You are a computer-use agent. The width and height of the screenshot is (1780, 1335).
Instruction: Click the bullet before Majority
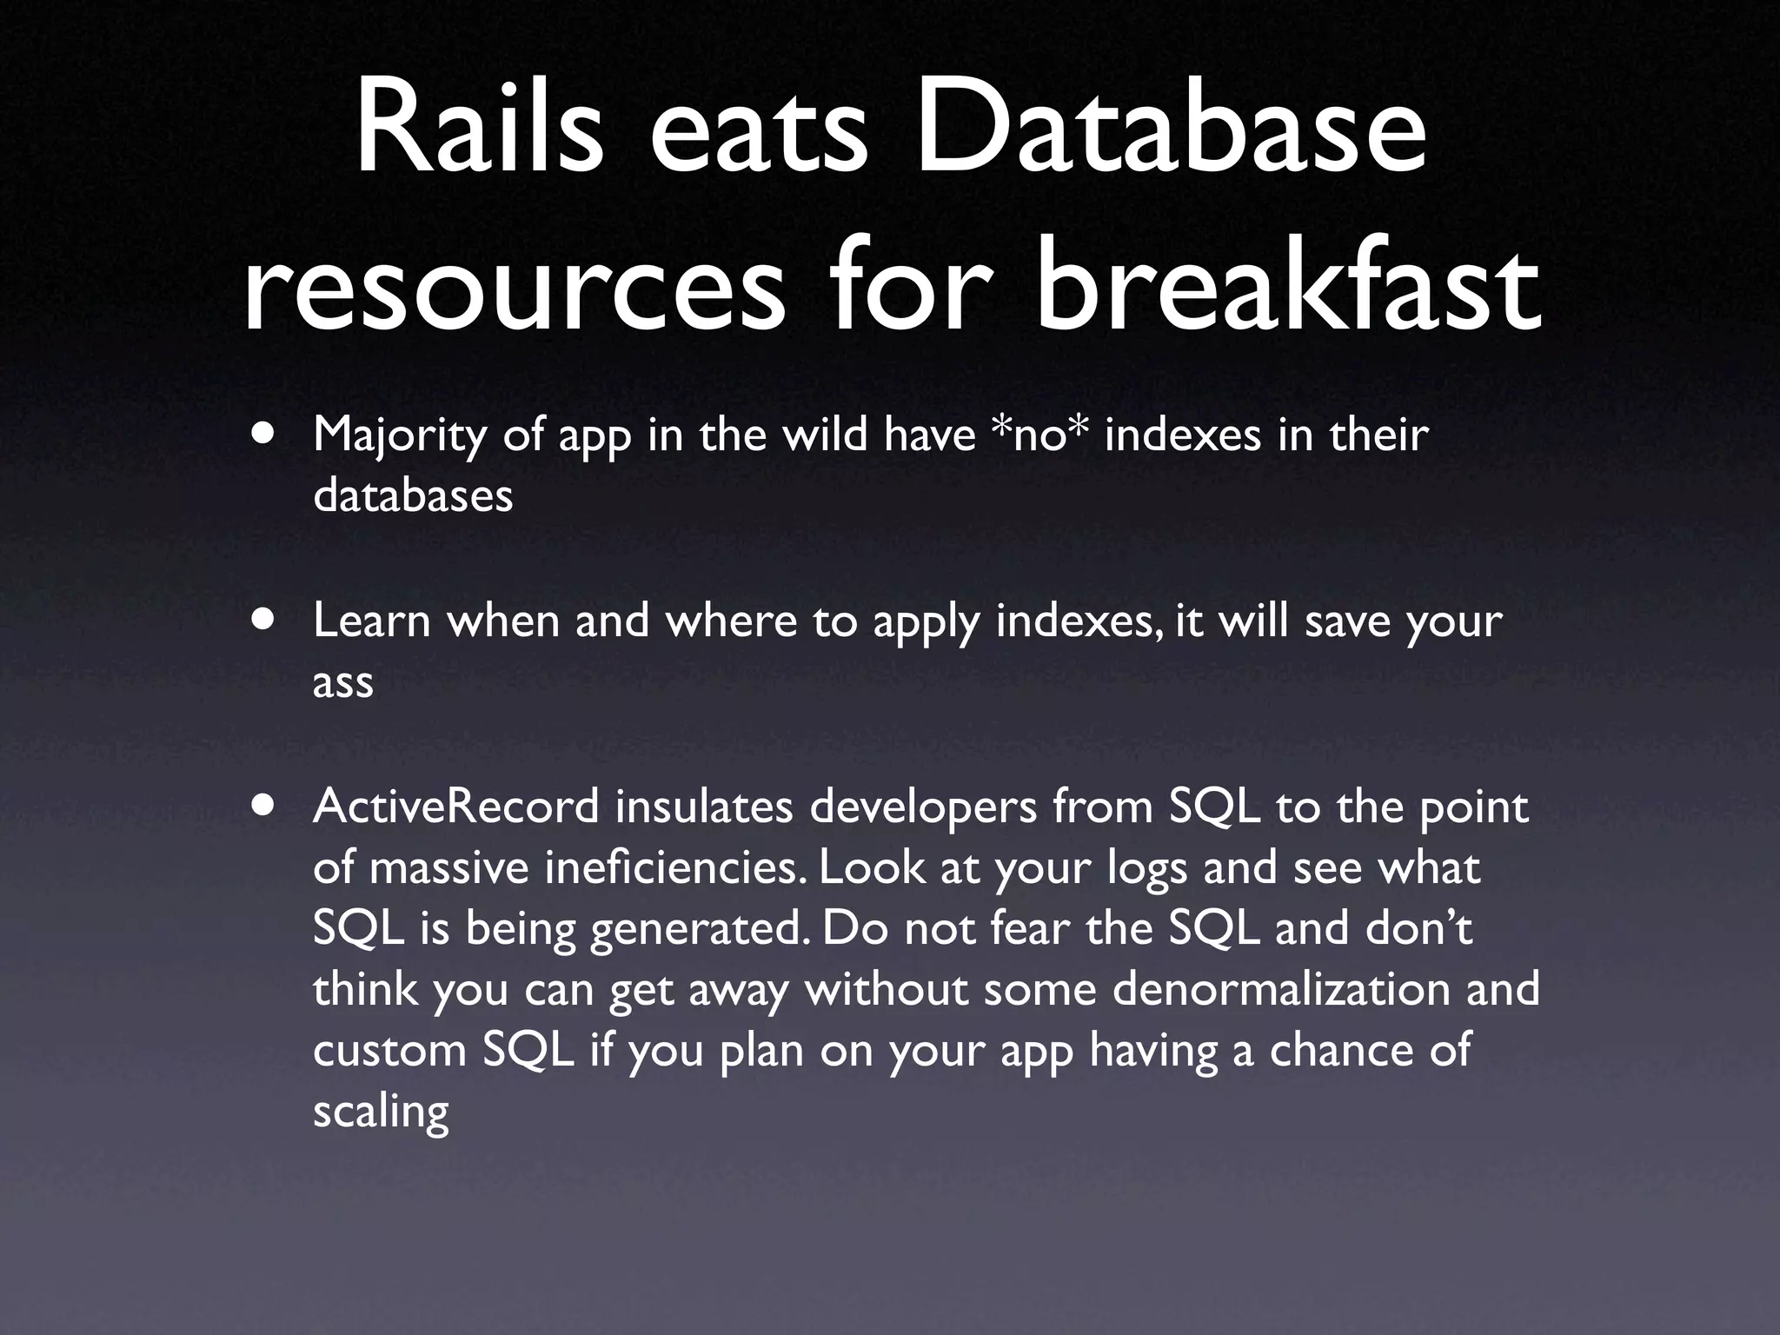click(x=263, y=432)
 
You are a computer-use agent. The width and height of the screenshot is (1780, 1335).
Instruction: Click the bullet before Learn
click(x=263, y=619)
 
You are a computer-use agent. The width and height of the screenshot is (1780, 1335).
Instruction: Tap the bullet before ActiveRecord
click(x=263, y=805)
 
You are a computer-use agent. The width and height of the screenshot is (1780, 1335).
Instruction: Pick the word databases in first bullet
click(x=413, y=495)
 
